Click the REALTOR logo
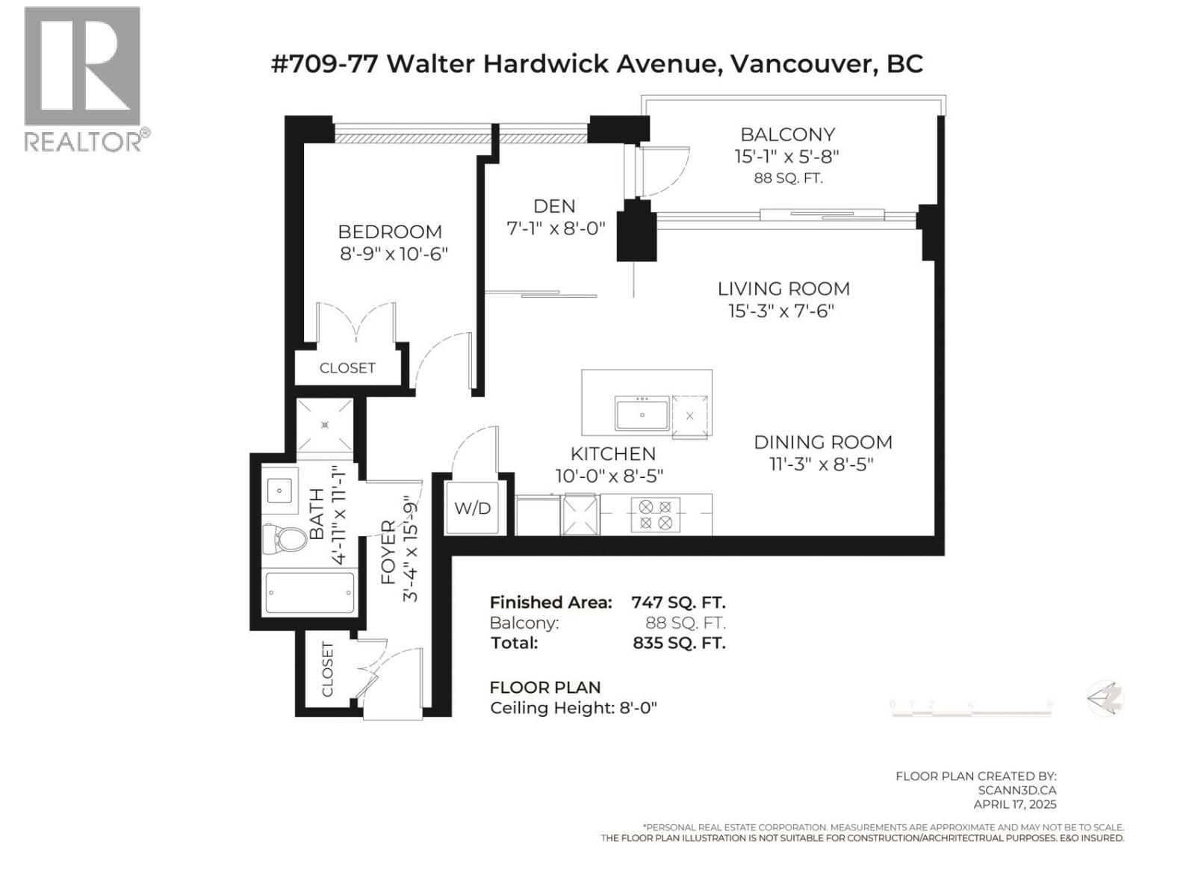coord(82,78)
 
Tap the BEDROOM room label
coord(390,231)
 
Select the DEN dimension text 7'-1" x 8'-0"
coord(556,228)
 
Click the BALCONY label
coord(787,134)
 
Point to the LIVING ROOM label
coord(783,288)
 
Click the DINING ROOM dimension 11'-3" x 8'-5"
coord(822,464)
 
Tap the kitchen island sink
coord(642,414)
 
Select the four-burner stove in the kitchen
coord(655,515)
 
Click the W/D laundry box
coord(473,508)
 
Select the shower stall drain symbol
coord(325,425)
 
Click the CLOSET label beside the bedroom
coord(347,368)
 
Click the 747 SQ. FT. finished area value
coord(678,602)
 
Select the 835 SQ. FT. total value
coord(678,643)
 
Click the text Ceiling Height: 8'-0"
coord(573,708)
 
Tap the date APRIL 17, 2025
coord(1014,804)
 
